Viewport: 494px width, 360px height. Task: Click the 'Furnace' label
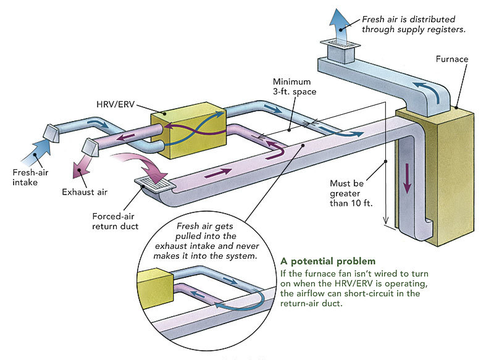click(451, 59)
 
